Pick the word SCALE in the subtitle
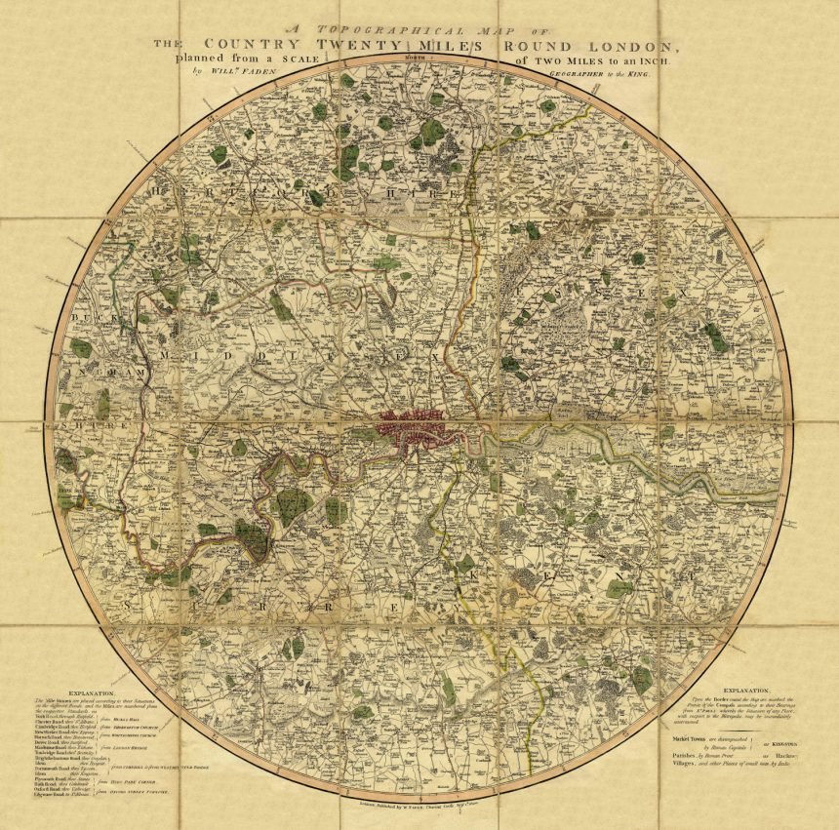tap(294, 59)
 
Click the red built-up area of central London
tap(419, 429)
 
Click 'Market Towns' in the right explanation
tap(682, 739)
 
